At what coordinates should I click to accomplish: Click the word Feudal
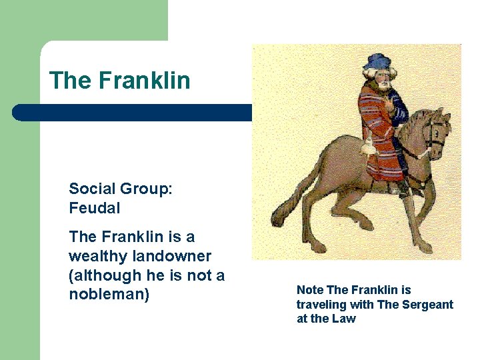(x=95, y=208)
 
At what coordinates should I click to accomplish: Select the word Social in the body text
(x=91, y=189)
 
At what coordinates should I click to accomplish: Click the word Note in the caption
(x=310, y=290)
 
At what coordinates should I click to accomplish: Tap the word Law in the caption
(x=345, y=319)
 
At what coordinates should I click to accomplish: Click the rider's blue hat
(x=378, y=61)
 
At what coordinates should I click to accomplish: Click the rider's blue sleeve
(x=399, y=110)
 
